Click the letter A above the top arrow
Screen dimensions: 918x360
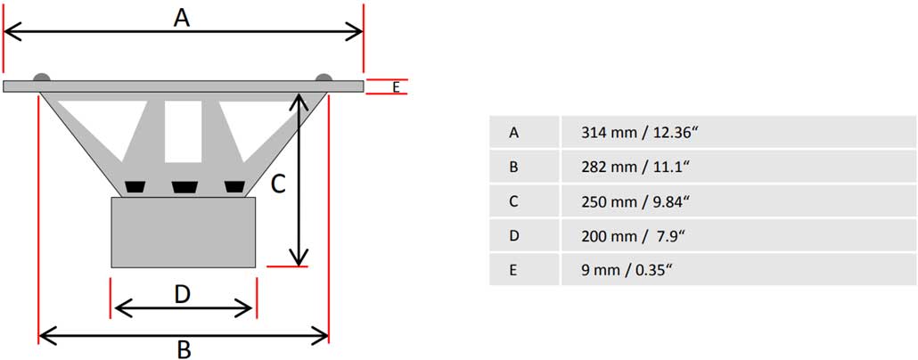pos(182,18)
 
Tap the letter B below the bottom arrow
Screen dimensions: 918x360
pos(184,349)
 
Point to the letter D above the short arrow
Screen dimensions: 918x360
pos(183,295)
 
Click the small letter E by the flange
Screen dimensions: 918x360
pos(397,88)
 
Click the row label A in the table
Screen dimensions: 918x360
pos(513,133)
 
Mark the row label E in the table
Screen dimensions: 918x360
pos(513,270)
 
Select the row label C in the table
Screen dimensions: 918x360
pos(513,201)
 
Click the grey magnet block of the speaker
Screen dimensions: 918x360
pos(184,233)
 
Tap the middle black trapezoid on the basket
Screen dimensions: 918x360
pos(184,187)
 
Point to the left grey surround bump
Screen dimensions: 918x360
pos(42,78)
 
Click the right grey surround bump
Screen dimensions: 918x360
pos(324,78)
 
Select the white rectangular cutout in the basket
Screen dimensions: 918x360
pos(184,132)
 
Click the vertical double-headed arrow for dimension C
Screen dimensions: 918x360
pos(299,180)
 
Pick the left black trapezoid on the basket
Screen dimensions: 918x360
pos(135,187)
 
